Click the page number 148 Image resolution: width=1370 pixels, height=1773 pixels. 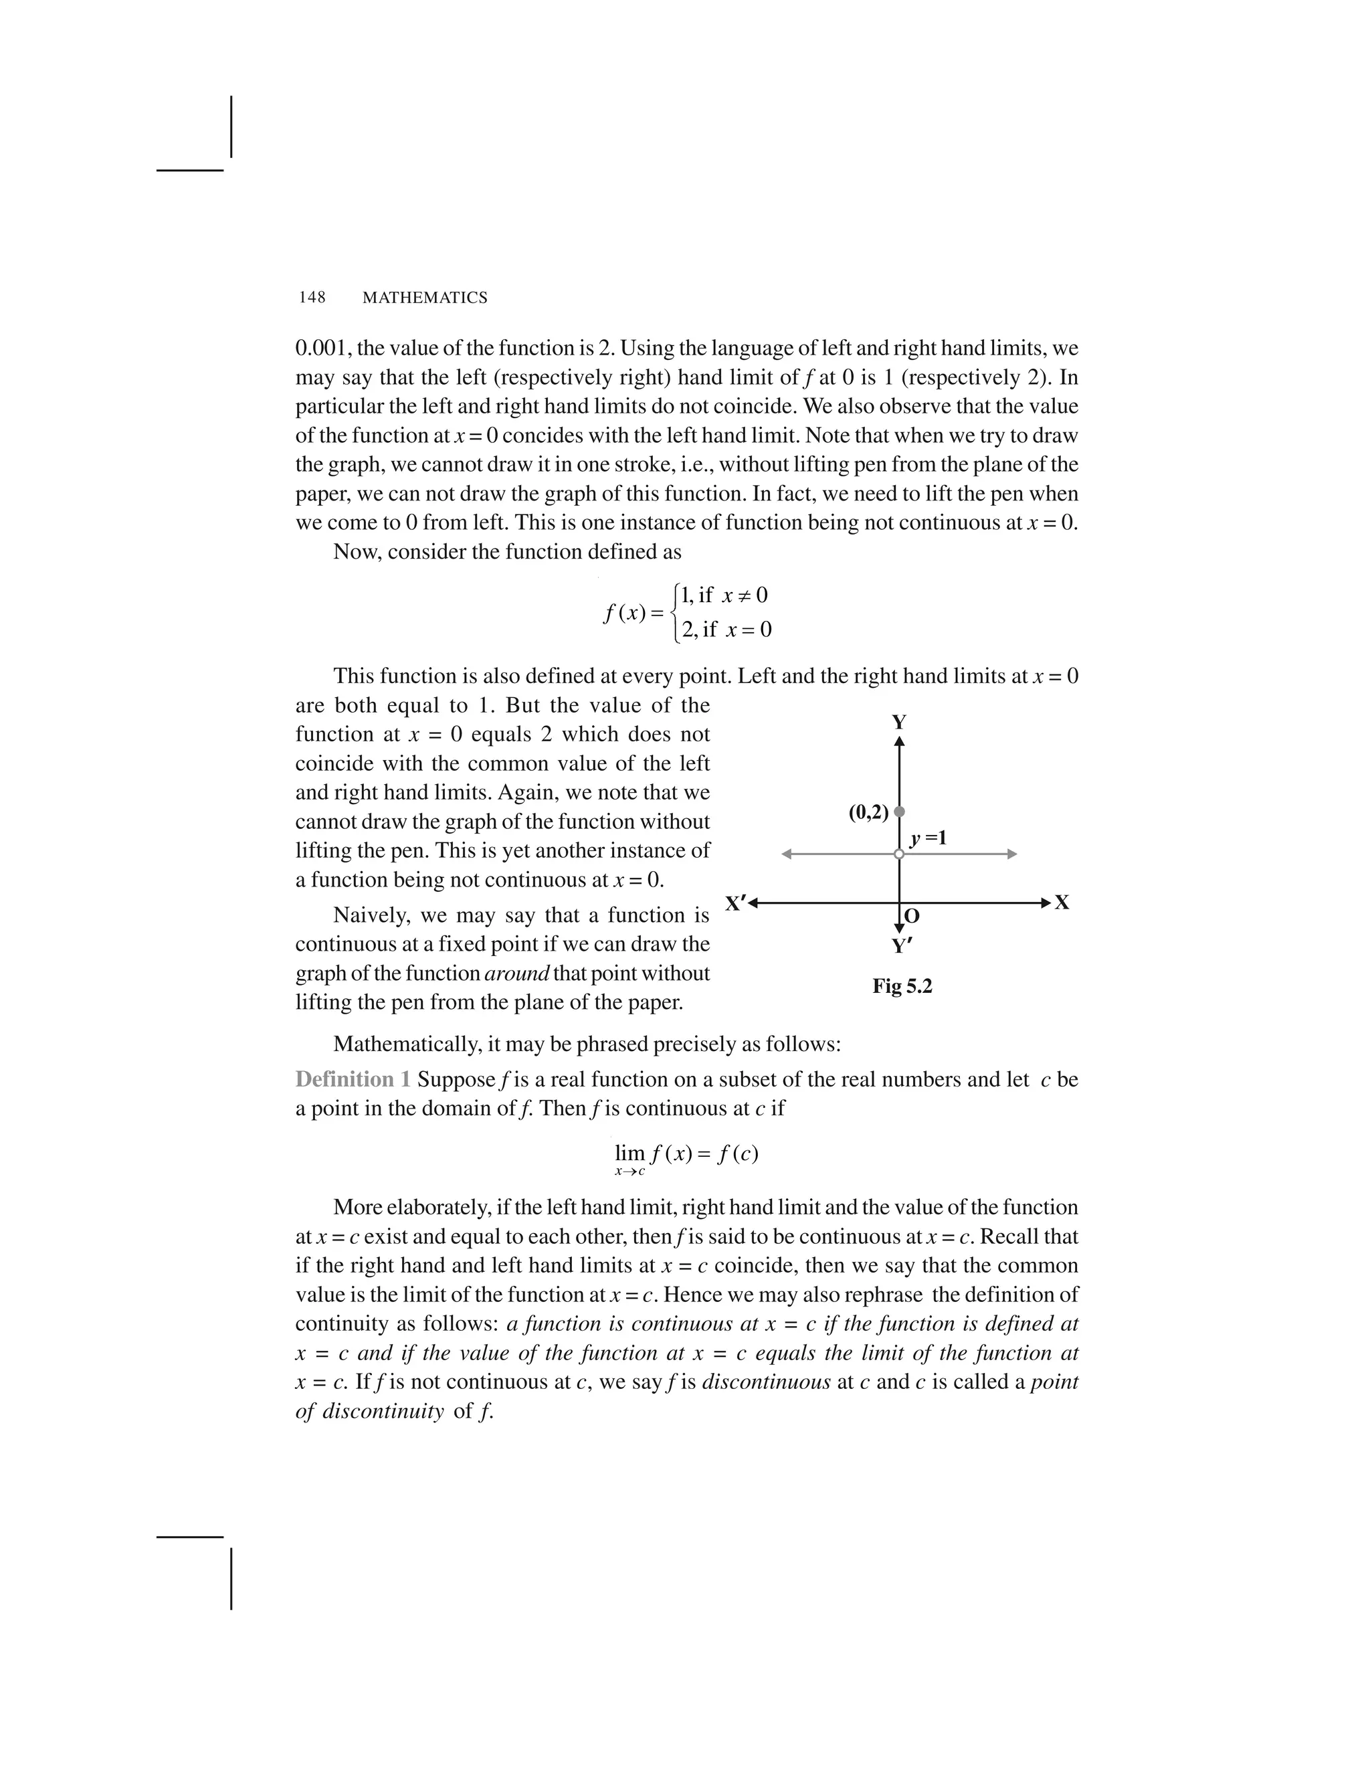coord(312,298)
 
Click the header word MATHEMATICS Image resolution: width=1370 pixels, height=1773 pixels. coord(425,298)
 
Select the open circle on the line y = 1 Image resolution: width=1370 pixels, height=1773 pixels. coord(898,854)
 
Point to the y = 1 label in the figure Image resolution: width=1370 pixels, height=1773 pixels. coord(928,838)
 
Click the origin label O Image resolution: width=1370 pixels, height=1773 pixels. coord(912,917)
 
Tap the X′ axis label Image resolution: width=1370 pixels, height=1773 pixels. coord(735,903)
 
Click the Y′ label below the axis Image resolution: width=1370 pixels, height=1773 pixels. coord(902,946)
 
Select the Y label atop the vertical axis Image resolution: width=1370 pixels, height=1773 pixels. coord(899,722)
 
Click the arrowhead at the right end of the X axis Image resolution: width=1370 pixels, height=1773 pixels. coord(1046,903)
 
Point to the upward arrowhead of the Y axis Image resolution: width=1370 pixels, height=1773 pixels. coord(899,741)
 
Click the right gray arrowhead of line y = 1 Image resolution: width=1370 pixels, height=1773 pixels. coord(1011,854)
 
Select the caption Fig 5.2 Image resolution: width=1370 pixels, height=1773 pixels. coord(902,986)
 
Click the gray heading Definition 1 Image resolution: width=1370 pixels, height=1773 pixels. coord(353,1080)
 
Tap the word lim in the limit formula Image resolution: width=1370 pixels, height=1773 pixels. coord(629,1153)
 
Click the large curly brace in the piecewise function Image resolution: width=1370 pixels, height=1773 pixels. coord(674,613)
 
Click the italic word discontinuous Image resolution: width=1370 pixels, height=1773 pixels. coord(765,1382)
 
